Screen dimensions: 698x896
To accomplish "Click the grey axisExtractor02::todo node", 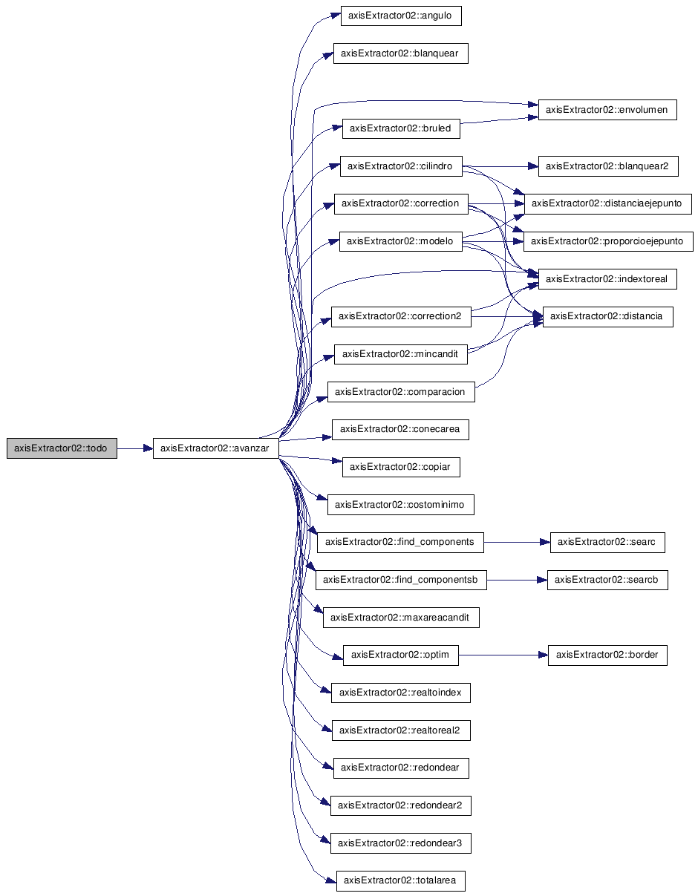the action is point(62,448).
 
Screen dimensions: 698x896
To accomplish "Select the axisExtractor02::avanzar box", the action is point(215,448).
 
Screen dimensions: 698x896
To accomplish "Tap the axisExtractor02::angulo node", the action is point(401,16).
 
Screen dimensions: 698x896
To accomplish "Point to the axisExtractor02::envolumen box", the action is point(607,110).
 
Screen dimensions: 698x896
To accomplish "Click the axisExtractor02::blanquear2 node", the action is point(608,166).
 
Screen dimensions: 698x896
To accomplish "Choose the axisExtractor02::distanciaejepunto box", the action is point(607,203).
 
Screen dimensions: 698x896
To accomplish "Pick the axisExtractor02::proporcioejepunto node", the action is point(608,241).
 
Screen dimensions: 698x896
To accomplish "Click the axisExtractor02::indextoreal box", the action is point(607,279).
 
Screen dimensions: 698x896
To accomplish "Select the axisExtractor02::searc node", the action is point(607,542).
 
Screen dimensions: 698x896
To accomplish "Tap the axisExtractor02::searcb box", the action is point(607,580).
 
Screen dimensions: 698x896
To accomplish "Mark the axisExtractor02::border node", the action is point(607,655).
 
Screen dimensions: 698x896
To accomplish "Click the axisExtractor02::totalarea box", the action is point(401,880).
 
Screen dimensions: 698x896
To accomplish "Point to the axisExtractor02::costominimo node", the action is point(401,505).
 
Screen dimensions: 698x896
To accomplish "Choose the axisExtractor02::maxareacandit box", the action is point(401,618).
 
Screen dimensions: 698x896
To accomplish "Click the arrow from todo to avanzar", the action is point(135,448).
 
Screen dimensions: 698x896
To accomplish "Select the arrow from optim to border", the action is point(503,655).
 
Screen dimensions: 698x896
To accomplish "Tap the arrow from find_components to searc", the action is point(517,542).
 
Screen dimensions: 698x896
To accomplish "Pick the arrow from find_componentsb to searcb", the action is point(517,581).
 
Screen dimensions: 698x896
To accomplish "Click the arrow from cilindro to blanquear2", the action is point(500,166).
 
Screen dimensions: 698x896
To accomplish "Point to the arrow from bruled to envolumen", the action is point(499,120).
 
